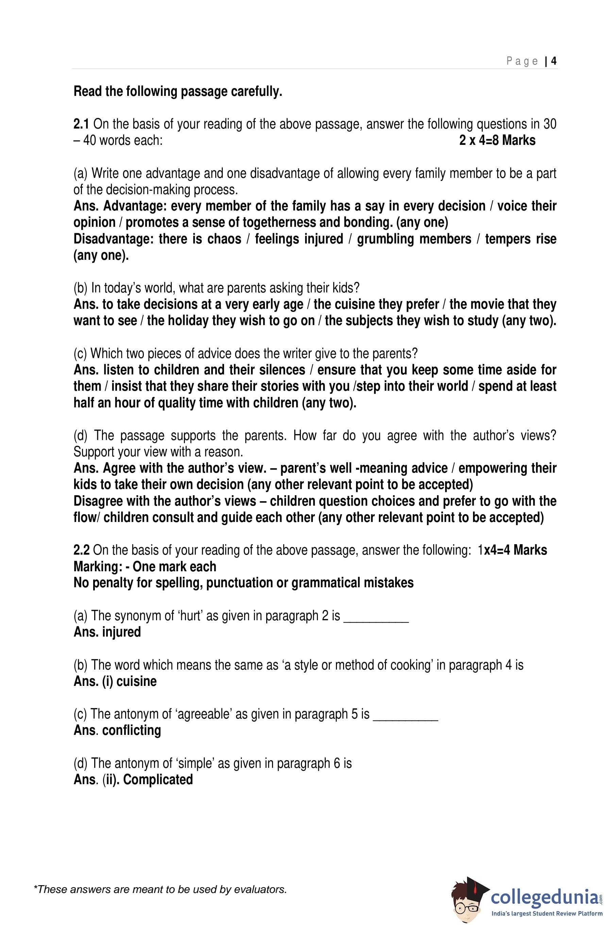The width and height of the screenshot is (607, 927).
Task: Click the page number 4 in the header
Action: pyautogui.click(x=554, y=61)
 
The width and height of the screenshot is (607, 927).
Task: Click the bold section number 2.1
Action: pyautogui.click(x=81, y=124)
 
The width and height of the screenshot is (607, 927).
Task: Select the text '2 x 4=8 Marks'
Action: pyautogui.click(x=497, y=140)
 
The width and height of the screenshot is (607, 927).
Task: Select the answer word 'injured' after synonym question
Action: pyautogui.click(x=121, y=632)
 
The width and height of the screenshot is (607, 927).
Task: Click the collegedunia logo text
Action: pyautogui.click(x=544, y=897)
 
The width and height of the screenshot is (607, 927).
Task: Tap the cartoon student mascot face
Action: pyautogui.click(x=466, y=900)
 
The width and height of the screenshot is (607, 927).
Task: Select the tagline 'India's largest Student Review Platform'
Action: pyautogui.click(x=546, y=914)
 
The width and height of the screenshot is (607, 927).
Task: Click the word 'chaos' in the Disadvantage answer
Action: pyautogui.click(x=224, y=239)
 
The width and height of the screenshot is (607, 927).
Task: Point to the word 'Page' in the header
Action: pyautogui.click(x=522, y=61)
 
